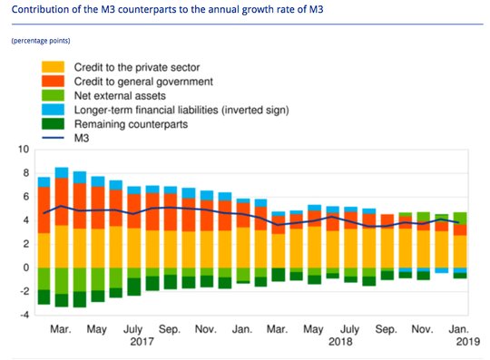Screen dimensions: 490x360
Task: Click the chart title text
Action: point(167,9)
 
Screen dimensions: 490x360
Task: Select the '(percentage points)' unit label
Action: point(41,41)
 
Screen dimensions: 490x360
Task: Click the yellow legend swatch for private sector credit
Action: point(53,67)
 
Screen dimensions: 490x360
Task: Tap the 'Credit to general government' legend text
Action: point(143,82)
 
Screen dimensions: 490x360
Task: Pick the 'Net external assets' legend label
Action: point(120,95)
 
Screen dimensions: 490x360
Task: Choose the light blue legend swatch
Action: point(53,110)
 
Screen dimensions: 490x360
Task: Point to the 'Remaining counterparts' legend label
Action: point(131,124)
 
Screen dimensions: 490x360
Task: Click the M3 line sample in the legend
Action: point(53,138)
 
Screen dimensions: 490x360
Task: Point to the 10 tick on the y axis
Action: point(24,150)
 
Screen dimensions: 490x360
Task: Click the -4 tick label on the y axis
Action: point(24,315)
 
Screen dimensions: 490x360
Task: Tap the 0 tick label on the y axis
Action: point(26,268)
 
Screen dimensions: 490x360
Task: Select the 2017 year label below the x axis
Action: point(142,341)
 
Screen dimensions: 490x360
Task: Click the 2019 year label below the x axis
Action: point(468,341)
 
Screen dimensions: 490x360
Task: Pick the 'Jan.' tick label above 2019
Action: point(459,329)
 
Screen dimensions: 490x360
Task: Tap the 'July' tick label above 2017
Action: point(132,329)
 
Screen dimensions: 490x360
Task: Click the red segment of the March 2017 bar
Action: point(62,201)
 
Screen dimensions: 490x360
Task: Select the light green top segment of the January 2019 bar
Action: point(460,219)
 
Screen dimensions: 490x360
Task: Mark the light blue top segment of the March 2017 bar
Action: point(62,173)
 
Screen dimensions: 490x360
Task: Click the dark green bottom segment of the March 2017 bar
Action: point(62,300)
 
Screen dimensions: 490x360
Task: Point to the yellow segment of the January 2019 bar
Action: point(460,252)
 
